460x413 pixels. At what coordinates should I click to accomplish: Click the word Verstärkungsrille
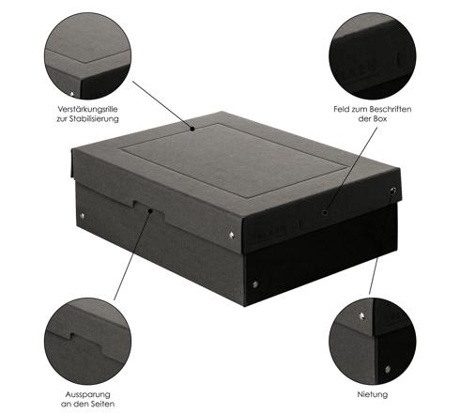pyautogui.click(x=87, y=110)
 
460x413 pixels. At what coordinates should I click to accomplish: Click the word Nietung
pyautogui.click(x=373, y=394)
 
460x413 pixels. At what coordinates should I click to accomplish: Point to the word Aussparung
pyautogui.click(x=87, y=394)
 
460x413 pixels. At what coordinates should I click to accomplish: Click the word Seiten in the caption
pyautogui.click(x=101, y=404)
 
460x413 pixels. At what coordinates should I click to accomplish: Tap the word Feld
pyautogui.click(x=341, y=109)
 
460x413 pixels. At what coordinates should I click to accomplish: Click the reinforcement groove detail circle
pyautogui.click(x=87, y=56)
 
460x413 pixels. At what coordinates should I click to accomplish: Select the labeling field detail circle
pyautogui.click(x=373, y=56)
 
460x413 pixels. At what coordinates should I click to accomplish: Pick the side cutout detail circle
pyautogui.click(x=87, y=341)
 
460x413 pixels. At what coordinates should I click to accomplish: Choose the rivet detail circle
pyautogui.click(x=373, y=341)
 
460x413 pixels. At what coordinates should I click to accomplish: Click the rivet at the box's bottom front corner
pyautogui.click(x=255, y=284)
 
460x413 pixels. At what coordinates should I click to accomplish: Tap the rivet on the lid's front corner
pyautogui.click(x=232, y=235)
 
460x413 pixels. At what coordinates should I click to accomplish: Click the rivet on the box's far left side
pyautogui.click(x=83, y=215)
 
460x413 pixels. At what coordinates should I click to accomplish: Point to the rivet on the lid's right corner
pyautogui.click(x=393, y=190)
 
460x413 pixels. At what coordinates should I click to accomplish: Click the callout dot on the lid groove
pyautogui.click(x=192, y=129)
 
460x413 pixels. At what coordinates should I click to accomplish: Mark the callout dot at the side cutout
pyautogui.click(x=150, y=211)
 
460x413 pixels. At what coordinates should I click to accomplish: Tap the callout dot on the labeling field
pyautogui.click(x=326, y=213)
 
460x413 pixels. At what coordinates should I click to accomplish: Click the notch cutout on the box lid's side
pyautogui.click(x=149, y=208)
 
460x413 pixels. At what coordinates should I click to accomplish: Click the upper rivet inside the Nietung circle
pyautogui.click(x=362, y=316)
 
